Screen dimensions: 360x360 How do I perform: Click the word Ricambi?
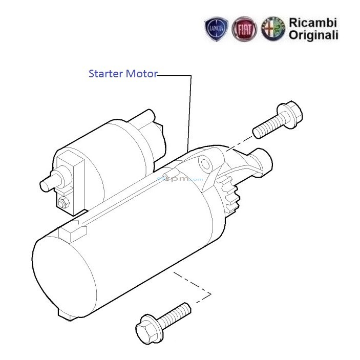click(x=313, y=23)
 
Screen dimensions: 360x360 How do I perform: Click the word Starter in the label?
click(x=105, y=74)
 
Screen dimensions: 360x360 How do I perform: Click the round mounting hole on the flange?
click(x=206, y=163)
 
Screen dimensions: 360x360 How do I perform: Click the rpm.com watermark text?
click(x=181, y=179)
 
